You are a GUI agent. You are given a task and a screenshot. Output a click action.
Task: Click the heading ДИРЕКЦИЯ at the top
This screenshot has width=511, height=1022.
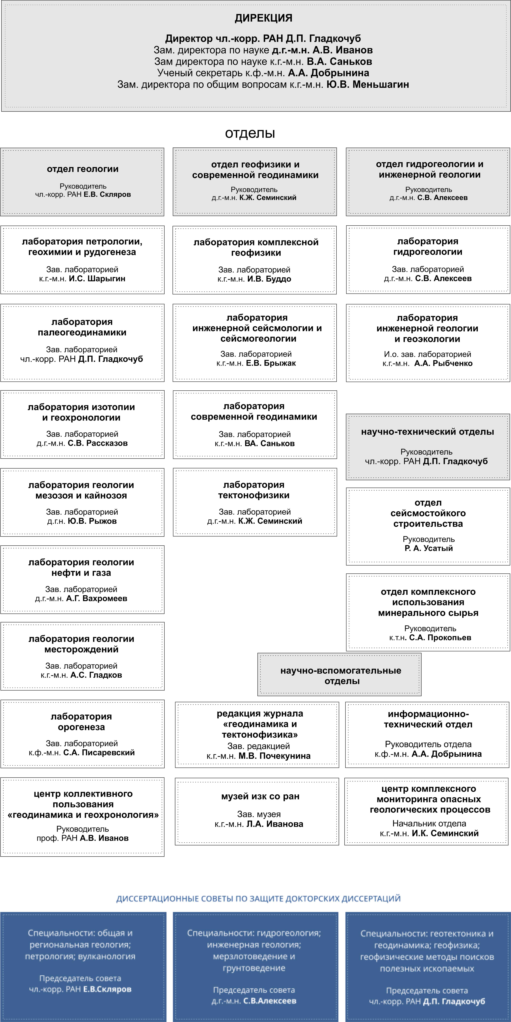(263, 18)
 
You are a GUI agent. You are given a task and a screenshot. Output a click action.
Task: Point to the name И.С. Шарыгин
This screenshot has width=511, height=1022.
(97, 278)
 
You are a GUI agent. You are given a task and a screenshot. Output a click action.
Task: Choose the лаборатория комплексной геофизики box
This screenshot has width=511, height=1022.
(255, 260)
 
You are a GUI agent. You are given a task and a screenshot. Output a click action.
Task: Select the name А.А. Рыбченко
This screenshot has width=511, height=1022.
(443, 363)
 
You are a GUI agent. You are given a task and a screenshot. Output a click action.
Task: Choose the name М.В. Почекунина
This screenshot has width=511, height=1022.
(274, 756)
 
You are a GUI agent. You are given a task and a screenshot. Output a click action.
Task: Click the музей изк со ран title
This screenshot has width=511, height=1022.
(260, 796)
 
